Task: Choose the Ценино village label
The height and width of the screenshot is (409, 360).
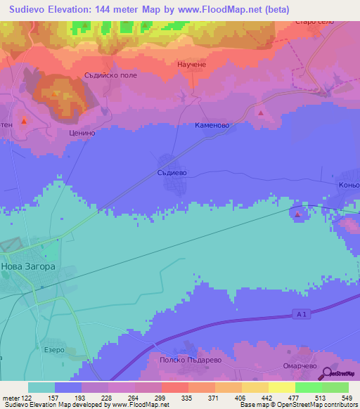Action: (x=82, y=131)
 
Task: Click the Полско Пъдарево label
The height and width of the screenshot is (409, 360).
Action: (x=180, y=358)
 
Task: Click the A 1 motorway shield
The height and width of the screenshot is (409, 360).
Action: (x=301, y=316)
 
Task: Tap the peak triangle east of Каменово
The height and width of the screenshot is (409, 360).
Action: (x=261, y=112)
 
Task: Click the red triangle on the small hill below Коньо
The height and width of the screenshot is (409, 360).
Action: (x=298, y=214)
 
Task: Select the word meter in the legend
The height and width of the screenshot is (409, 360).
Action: (x=11, y=398)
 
